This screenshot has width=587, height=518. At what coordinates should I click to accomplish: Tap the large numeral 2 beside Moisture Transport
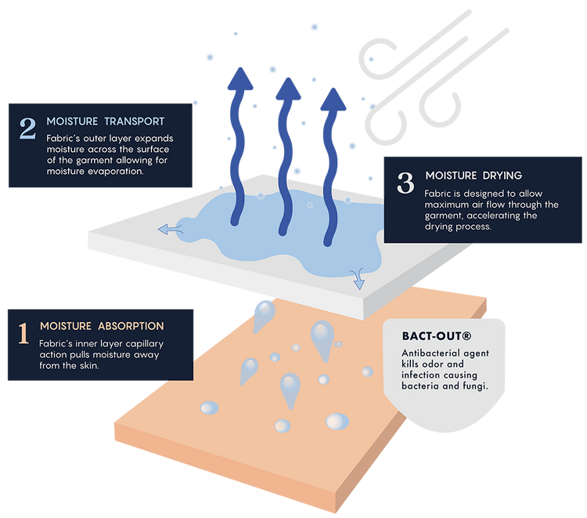coord(27,129)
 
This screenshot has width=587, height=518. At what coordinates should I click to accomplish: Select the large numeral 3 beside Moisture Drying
coord(405,183)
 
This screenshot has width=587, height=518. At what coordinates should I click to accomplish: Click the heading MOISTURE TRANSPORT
coord(105,121)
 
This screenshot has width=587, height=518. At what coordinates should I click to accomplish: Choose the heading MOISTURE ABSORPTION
coord(102,326)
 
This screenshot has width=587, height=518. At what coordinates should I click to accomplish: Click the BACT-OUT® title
coord(436,336)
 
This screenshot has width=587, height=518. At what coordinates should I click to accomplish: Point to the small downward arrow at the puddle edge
coord(358,276)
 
